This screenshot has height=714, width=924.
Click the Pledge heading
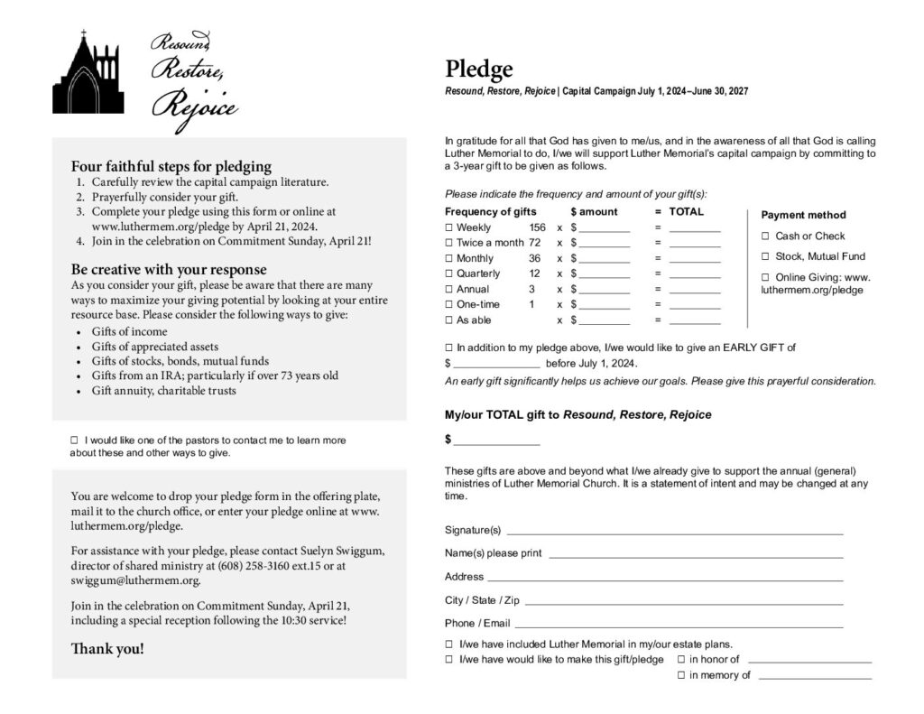(478, 70)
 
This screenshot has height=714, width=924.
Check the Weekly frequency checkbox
(449, 227)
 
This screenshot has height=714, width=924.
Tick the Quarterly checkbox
(449, 274)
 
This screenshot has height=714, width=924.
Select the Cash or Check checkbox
(766, 236)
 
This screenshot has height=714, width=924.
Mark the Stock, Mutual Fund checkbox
(766, 256)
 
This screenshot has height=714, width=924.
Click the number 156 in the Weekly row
(537, 227)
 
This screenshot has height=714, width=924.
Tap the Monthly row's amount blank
(604, 259)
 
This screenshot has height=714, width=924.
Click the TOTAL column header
(686, 211)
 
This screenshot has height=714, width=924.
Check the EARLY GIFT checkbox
(449, 348)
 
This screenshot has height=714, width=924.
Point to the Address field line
(666, 578)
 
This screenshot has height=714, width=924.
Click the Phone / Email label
(477, 624)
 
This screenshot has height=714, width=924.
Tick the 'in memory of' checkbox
(681, 675)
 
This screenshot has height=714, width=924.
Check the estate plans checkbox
(449, 644)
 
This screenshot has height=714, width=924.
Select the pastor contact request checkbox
(75, 440)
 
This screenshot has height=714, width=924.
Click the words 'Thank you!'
(107, 649)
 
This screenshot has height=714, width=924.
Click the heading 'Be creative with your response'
(169, 270)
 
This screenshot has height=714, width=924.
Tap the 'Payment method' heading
(803, 215)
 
